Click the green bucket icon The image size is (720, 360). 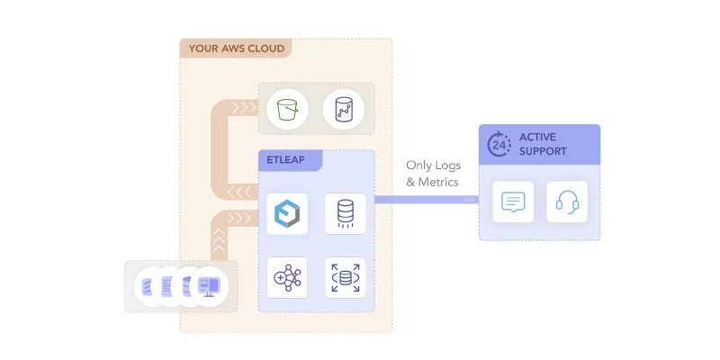[x=288, y=110]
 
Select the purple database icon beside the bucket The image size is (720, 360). [x=343, y=110]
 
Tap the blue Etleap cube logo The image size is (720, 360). [x=288, y=213]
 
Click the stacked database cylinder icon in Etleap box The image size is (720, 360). [x=344, y=213]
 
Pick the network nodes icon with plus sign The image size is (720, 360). [x=288, y=278]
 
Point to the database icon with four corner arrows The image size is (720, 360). [x=344, y=278]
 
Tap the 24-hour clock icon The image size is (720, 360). [x=499, y=144]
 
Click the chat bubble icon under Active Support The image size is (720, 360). [x=511, y=202]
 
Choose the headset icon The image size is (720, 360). [x=567, y=202]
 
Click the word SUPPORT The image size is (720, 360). [x=543, y=151]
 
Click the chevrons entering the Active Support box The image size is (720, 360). [x=470, y=200]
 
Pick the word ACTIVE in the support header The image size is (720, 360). [x=538, y=137]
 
